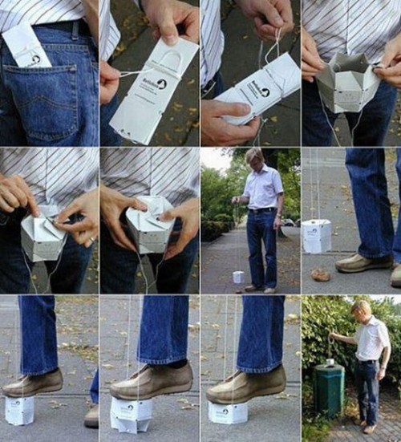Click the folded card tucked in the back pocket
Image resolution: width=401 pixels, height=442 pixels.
pyautogui.click(x=26, y=44)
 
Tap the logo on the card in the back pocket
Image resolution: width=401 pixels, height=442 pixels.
pyautogui.click(x=34, y=59)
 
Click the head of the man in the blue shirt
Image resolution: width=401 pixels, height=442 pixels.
pyautogui.click(x=254, y=156)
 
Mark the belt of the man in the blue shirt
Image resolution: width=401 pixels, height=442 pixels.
pyautogui.click(x=261, y=210)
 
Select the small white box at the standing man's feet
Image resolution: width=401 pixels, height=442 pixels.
pyautogui.click(x=238, y=277)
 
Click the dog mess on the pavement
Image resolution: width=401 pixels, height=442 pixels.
pyautogui.click(x=320, y=274)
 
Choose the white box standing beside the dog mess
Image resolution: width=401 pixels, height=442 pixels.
pyautogui.click(x=317, y=237)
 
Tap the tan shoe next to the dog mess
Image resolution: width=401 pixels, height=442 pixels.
pyautogui.click(x=363, y=262)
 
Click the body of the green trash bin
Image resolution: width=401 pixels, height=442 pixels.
pyautogui.click(x=329, y=391)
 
